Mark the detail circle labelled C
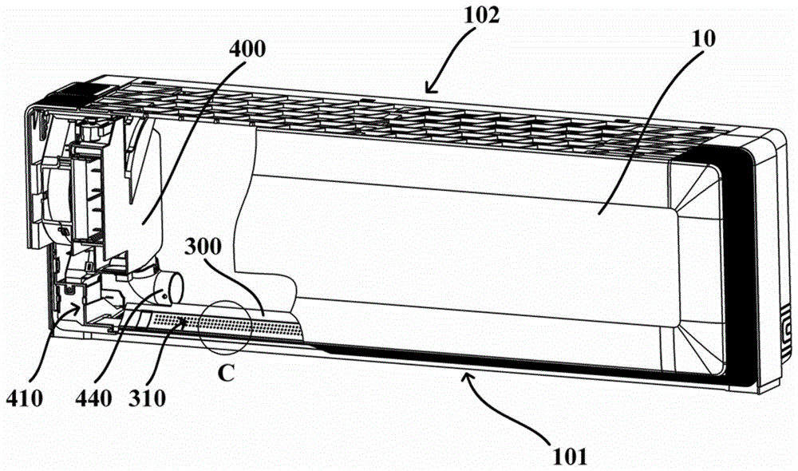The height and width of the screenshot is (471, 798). click(227, 330)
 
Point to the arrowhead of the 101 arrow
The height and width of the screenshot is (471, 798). click(466, 373)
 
